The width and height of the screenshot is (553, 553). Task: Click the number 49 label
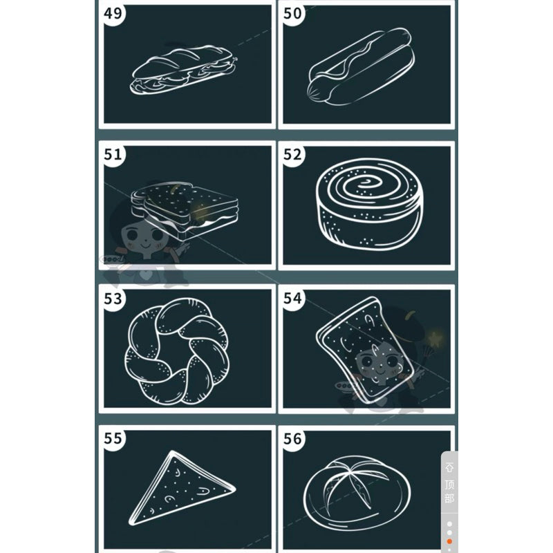pos(113,13)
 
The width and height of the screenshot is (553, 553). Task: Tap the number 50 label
pos(292,13)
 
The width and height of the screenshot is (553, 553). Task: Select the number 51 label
pos(113,154)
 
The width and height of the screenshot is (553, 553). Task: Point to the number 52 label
pos(292,154)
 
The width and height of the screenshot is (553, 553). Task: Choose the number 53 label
pos(113,299)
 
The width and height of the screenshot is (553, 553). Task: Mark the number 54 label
pos(292,299)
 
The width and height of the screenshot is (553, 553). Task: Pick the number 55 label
pos(113,438)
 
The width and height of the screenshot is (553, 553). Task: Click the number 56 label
pos(292,438)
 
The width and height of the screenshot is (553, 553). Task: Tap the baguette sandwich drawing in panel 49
pos(183,70)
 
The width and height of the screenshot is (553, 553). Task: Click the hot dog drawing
pos(360,67)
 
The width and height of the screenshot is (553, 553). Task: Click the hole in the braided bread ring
pos(177,350)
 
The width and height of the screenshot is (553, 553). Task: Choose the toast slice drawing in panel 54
pos(365,349)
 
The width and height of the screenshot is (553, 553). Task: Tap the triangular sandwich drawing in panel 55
pos(181,488)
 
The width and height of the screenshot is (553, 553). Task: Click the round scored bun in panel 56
pos(357,494)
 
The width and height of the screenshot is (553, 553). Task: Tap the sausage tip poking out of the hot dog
pos(317,91)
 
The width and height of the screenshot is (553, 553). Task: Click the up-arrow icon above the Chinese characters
pos(449,467)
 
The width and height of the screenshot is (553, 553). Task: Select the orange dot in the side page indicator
pos(449,541)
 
